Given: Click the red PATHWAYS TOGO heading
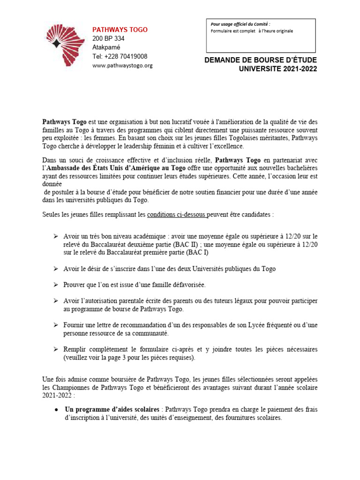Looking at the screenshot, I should (x=120, y=30).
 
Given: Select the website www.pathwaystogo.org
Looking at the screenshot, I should (x=122, y=66).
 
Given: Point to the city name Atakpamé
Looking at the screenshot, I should (x=106, y=47).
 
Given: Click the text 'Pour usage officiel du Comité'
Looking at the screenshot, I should (x=240, y=24).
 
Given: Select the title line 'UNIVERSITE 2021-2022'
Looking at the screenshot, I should (x=278, y=69).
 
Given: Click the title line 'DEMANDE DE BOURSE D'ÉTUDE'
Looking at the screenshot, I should (x=261, y=60).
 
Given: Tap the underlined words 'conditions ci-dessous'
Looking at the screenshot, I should (x=177, y=214).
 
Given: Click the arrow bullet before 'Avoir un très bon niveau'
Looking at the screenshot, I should (x=55, y=237).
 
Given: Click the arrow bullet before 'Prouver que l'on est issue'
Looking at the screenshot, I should (x=55, y=285).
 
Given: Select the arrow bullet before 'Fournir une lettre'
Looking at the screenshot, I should (x=55, y=324).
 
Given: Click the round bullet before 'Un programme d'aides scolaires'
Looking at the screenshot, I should (x=56, y=410).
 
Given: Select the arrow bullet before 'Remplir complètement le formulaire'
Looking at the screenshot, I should (x=55, y=349).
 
